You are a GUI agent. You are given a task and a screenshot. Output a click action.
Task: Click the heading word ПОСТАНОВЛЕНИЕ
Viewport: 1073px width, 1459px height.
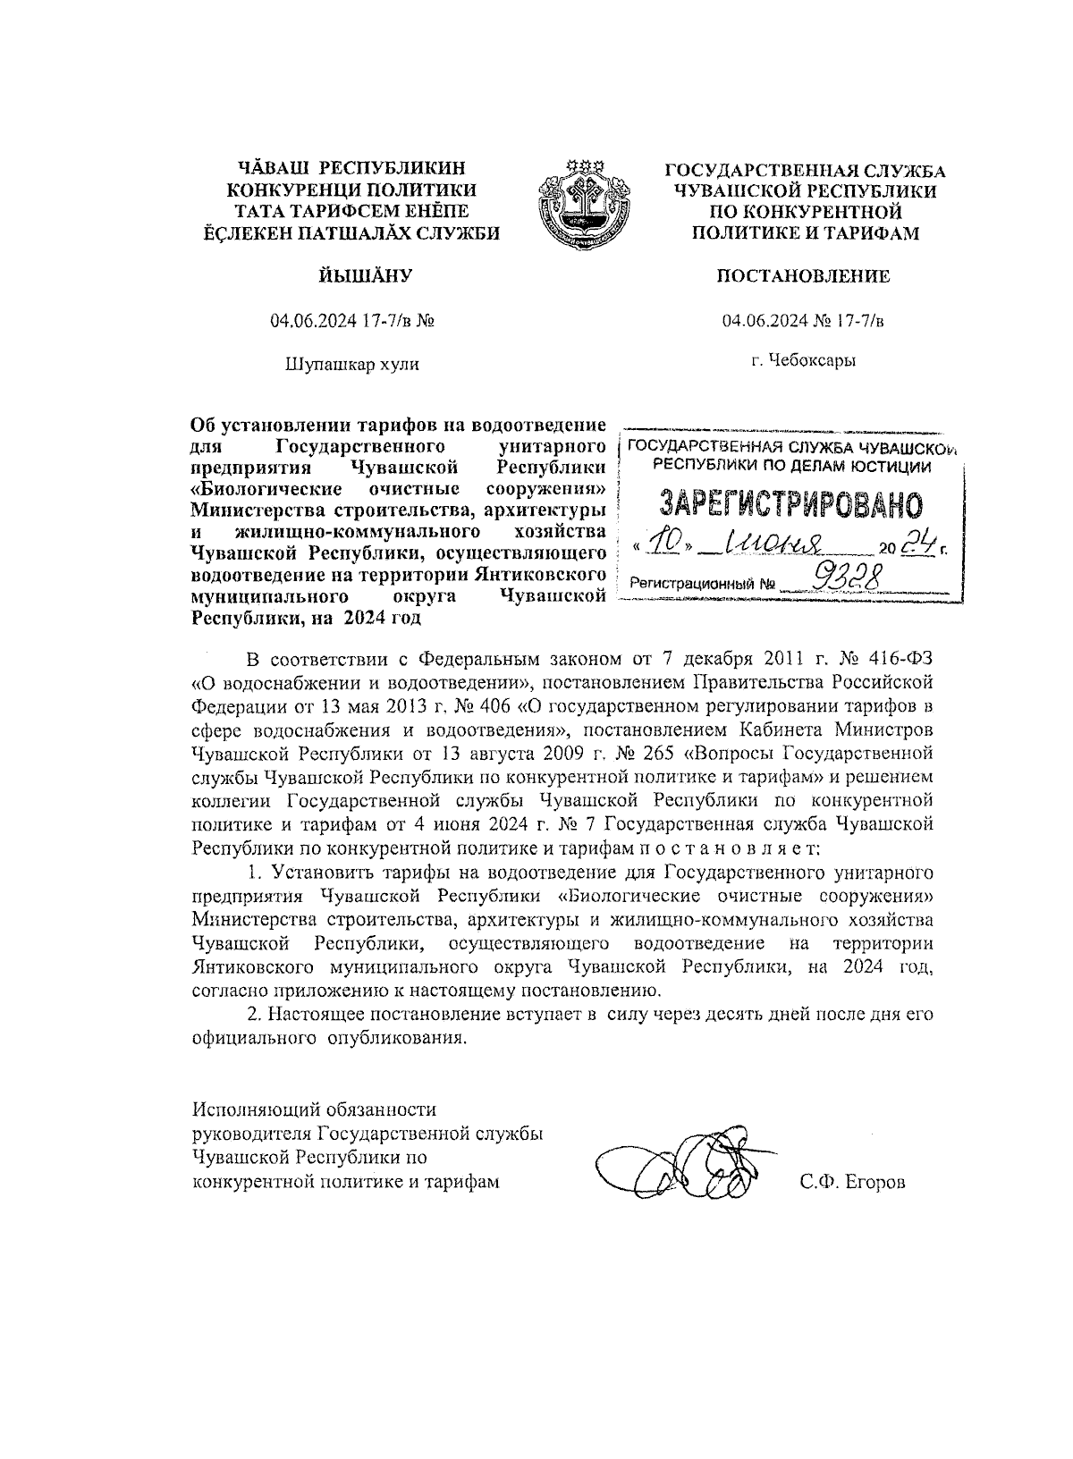click(x=803, y=276)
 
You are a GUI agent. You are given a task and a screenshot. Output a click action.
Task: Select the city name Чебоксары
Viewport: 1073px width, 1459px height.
click(x=815, y=360)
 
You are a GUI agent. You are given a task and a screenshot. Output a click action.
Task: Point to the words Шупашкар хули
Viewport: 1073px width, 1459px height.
click(x=351, y=364)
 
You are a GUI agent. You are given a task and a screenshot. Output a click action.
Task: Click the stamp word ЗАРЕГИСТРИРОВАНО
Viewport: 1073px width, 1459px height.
click(x=790, y=506)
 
